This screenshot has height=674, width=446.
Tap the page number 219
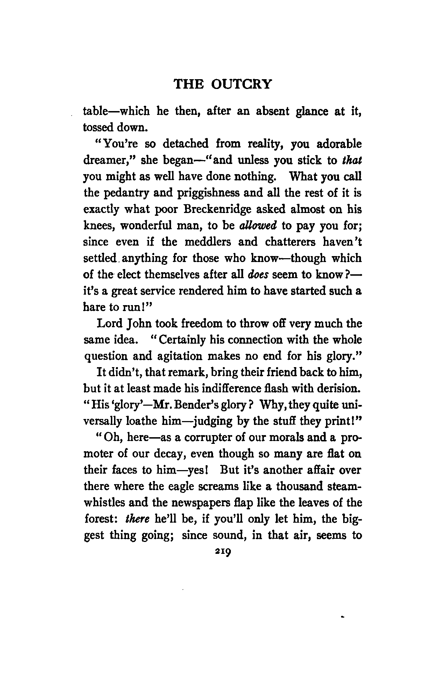point(222,552)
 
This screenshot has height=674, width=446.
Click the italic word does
point(257,275)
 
